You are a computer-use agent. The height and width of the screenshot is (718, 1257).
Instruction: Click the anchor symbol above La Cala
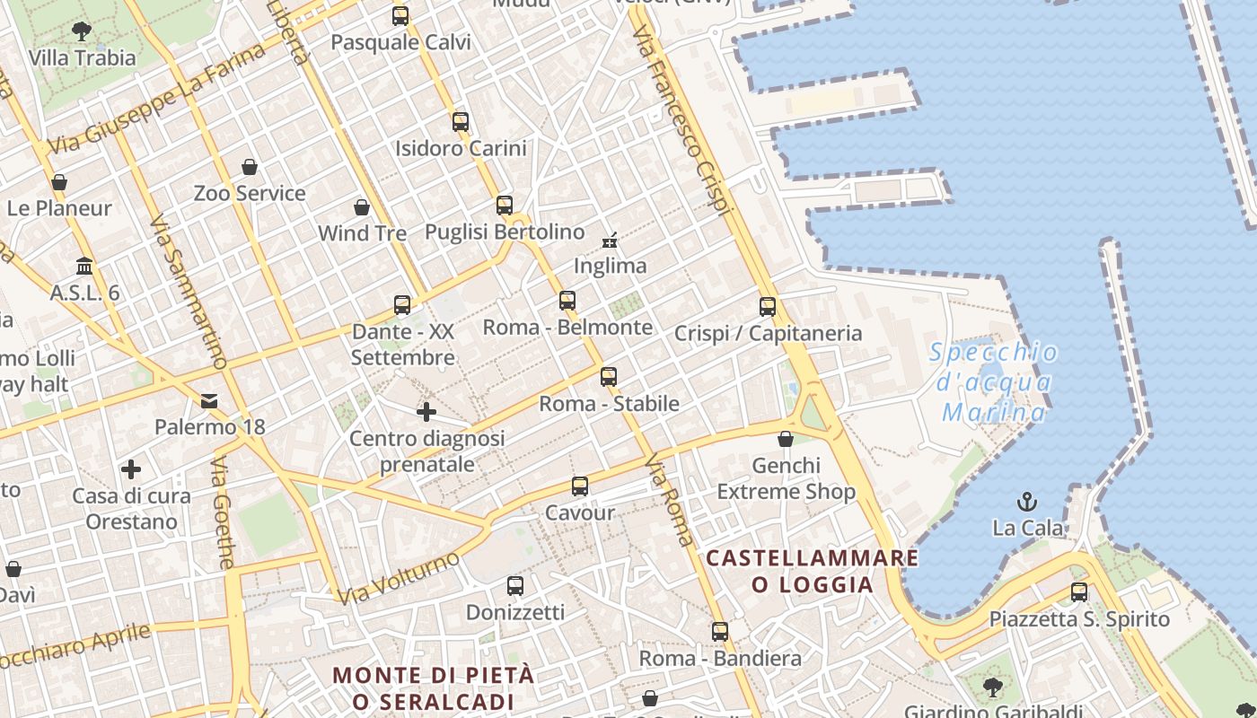pos(1026,502)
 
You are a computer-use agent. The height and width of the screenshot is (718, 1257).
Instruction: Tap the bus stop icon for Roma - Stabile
pos(609,377)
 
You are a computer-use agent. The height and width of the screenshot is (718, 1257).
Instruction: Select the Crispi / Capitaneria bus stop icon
pos(768,307)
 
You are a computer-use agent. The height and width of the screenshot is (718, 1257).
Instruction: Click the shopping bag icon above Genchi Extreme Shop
pos(786,439)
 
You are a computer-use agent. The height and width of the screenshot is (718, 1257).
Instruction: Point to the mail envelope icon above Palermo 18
pos(209,400)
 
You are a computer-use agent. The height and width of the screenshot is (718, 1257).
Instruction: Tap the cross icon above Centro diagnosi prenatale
pos(426,412)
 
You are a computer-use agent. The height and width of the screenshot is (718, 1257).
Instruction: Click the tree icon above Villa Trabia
pos(82,31)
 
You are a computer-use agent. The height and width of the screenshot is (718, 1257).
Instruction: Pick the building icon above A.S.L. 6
pos(85,266)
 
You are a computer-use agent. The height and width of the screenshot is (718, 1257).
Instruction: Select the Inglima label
pos(610,266)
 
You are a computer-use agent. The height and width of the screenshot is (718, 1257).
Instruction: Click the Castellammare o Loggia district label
pos(812,572)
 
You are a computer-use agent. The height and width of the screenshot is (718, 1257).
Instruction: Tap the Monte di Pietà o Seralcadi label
pos(434,688)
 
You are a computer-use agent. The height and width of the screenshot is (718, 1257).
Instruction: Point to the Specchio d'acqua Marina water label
pos(994,381)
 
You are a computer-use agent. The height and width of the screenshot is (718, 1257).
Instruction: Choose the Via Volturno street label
pos(399,578)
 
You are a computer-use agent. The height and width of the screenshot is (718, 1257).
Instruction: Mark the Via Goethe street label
pos(224,512)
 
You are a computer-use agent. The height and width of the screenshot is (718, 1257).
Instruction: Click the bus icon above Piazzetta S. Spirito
pos(1079,592)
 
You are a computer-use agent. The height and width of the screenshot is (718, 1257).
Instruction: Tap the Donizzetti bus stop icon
pos(515,586)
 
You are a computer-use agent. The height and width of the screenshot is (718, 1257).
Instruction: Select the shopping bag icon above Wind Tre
pos(362,207)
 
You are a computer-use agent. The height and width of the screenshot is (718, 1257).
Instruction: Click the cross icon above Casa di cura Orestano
pos(131,469)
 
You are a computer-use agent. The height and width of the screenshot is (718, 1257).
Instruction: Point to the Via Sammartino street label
pos(187,292)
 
